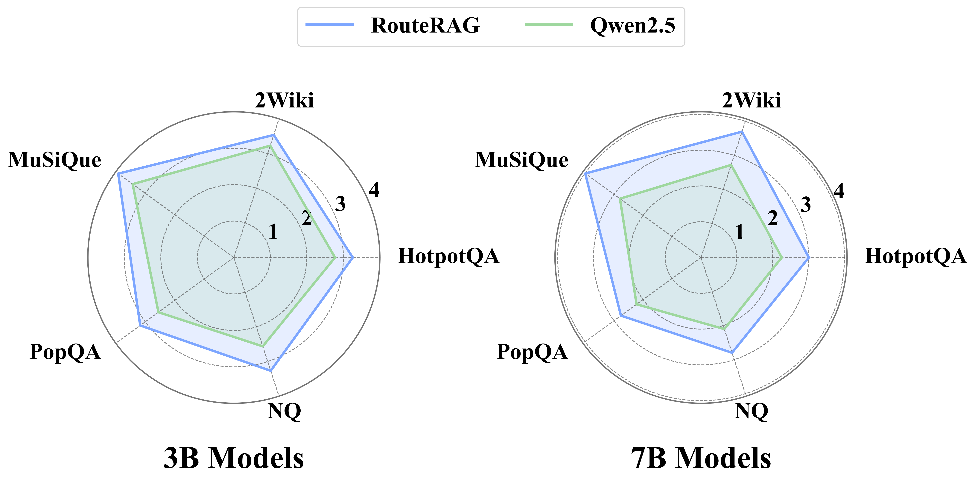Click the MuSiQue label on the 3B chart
coord(55,160)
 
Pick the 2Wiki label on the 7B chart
coord(751,101)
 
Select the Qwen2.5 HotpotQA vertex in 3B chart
coord(335,258)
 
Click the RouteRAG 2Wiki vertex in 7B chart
coord(742,132)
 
